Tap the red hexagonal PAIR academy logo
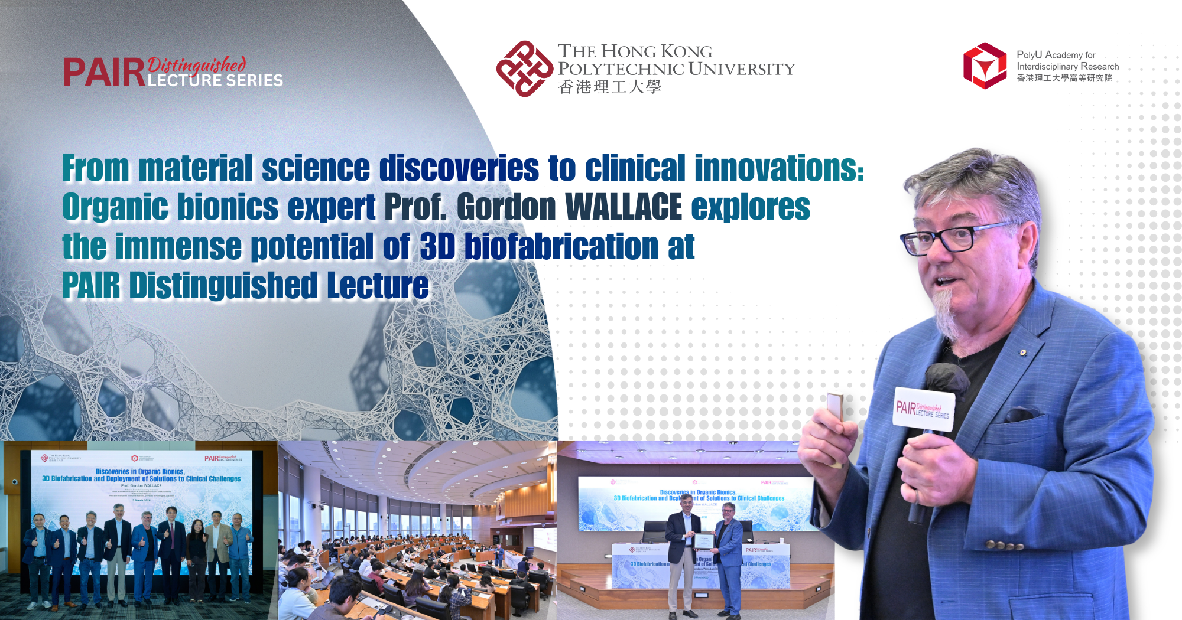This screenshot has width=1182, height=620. click(x=985, y=66)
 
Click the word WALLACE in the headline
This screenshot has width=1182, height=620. click(x=624, y=207)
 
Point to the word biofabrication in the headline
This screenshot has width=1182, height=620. click(x=561, y=246)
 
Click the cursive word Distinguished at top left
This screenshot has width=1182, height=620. click(x=197, y=64)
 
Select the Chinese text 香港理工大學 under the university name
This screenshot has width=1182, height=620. click(x=609, y=87)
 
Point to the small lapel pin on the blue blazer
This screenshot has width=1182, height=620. click(x=1023, y=353)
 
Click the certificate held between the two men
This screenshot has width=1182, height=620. click(x=703, y=541)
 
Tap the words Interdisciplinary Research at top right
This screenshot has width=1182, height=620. click(x=1067, y=67)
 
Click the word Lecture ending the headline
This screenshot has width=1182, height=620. click(x=378, y=286)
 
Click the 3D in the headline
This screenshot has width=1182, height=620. click(x=437, y=246)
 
